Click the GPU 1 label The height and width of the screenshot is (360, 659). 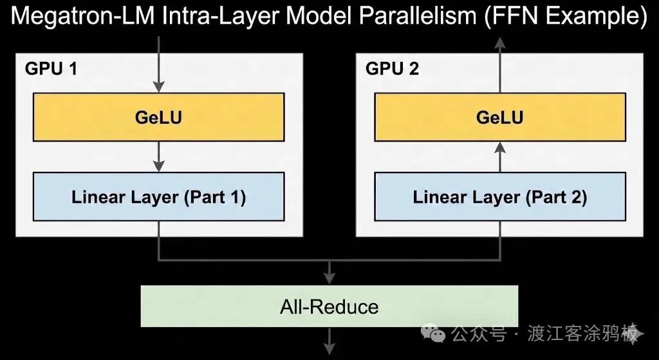[51, 68]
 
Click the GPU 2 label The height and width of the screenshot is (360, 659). [392, 68]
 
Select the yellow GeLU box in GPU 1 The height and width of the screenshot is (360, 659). [158, 117]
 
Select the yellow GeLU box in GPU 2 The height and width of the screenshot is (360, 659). [499, 117]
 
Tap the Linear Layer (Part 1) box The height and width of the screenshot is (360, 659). [158, 196]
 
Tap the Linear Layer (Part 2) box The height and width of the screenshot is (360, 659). [499, 196]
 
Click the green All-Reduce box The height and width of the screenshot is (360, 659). [329, 307]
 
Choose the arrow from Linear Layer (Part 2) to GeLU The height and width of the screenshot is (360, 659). [499, 156]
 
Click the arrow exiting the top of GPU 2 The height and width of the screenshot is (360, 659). [499, 48]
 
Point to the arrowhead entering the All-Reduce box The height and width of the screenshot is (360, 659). [329, 279]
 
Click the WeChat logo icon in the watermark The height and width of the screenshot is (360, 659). [432, 334]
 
